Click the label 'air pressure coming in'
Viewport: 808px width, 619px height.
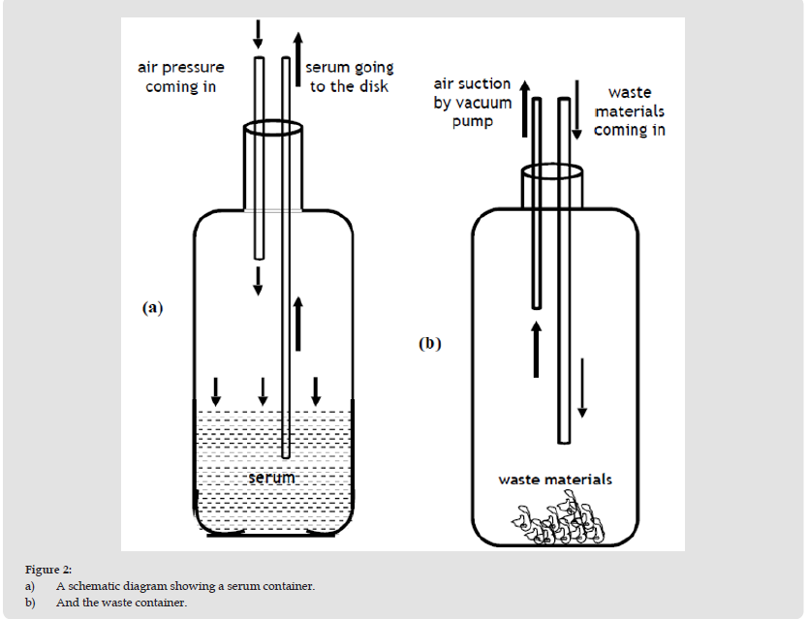pos(180,77)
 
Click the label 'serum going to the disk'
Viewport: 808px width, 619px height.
pos(349,77)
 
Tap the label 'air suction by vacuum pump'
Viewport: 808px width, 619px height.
pos(472,103)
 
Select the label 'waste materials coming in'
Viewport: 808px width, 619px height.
pos(629,111)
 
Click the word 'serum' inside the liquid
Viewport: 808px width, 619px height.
pos(270,478)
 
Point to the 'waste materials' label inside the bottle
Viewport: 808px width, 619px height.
pos(555,480)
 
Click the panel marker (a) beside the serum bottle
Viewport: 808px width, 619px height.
pos(152,308)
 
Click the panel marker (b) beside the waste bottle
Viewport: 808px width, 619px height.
pos(430,343)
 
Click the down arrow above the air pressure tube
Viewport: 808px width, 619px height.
pos(258,33)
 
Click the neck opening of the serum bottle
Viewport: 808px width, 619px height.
pos(272,128)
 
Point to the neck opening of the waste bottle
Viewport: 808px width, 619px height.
pos(553,173)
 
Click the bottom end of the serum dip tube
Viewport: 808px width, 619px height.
pos(285,453)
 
